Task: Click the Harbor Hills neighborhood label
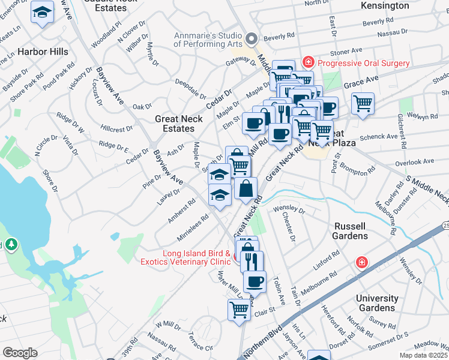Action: tap(43, 52)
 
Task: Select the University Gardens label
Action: tap(377, 303)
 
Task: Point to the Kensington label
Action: tap(385, 5)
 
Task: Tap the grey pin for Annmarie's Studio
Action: tap(253, 40)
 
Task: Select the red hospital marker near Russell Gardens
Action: tap(361, 262)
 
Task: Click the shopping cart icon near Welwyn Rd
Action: tap(363, 104)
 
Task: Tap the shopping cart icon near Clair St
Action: tap(239, 310)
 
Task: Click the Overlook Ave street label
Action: tap(411, 162)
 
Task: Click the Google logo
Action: tap(20, 353)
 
